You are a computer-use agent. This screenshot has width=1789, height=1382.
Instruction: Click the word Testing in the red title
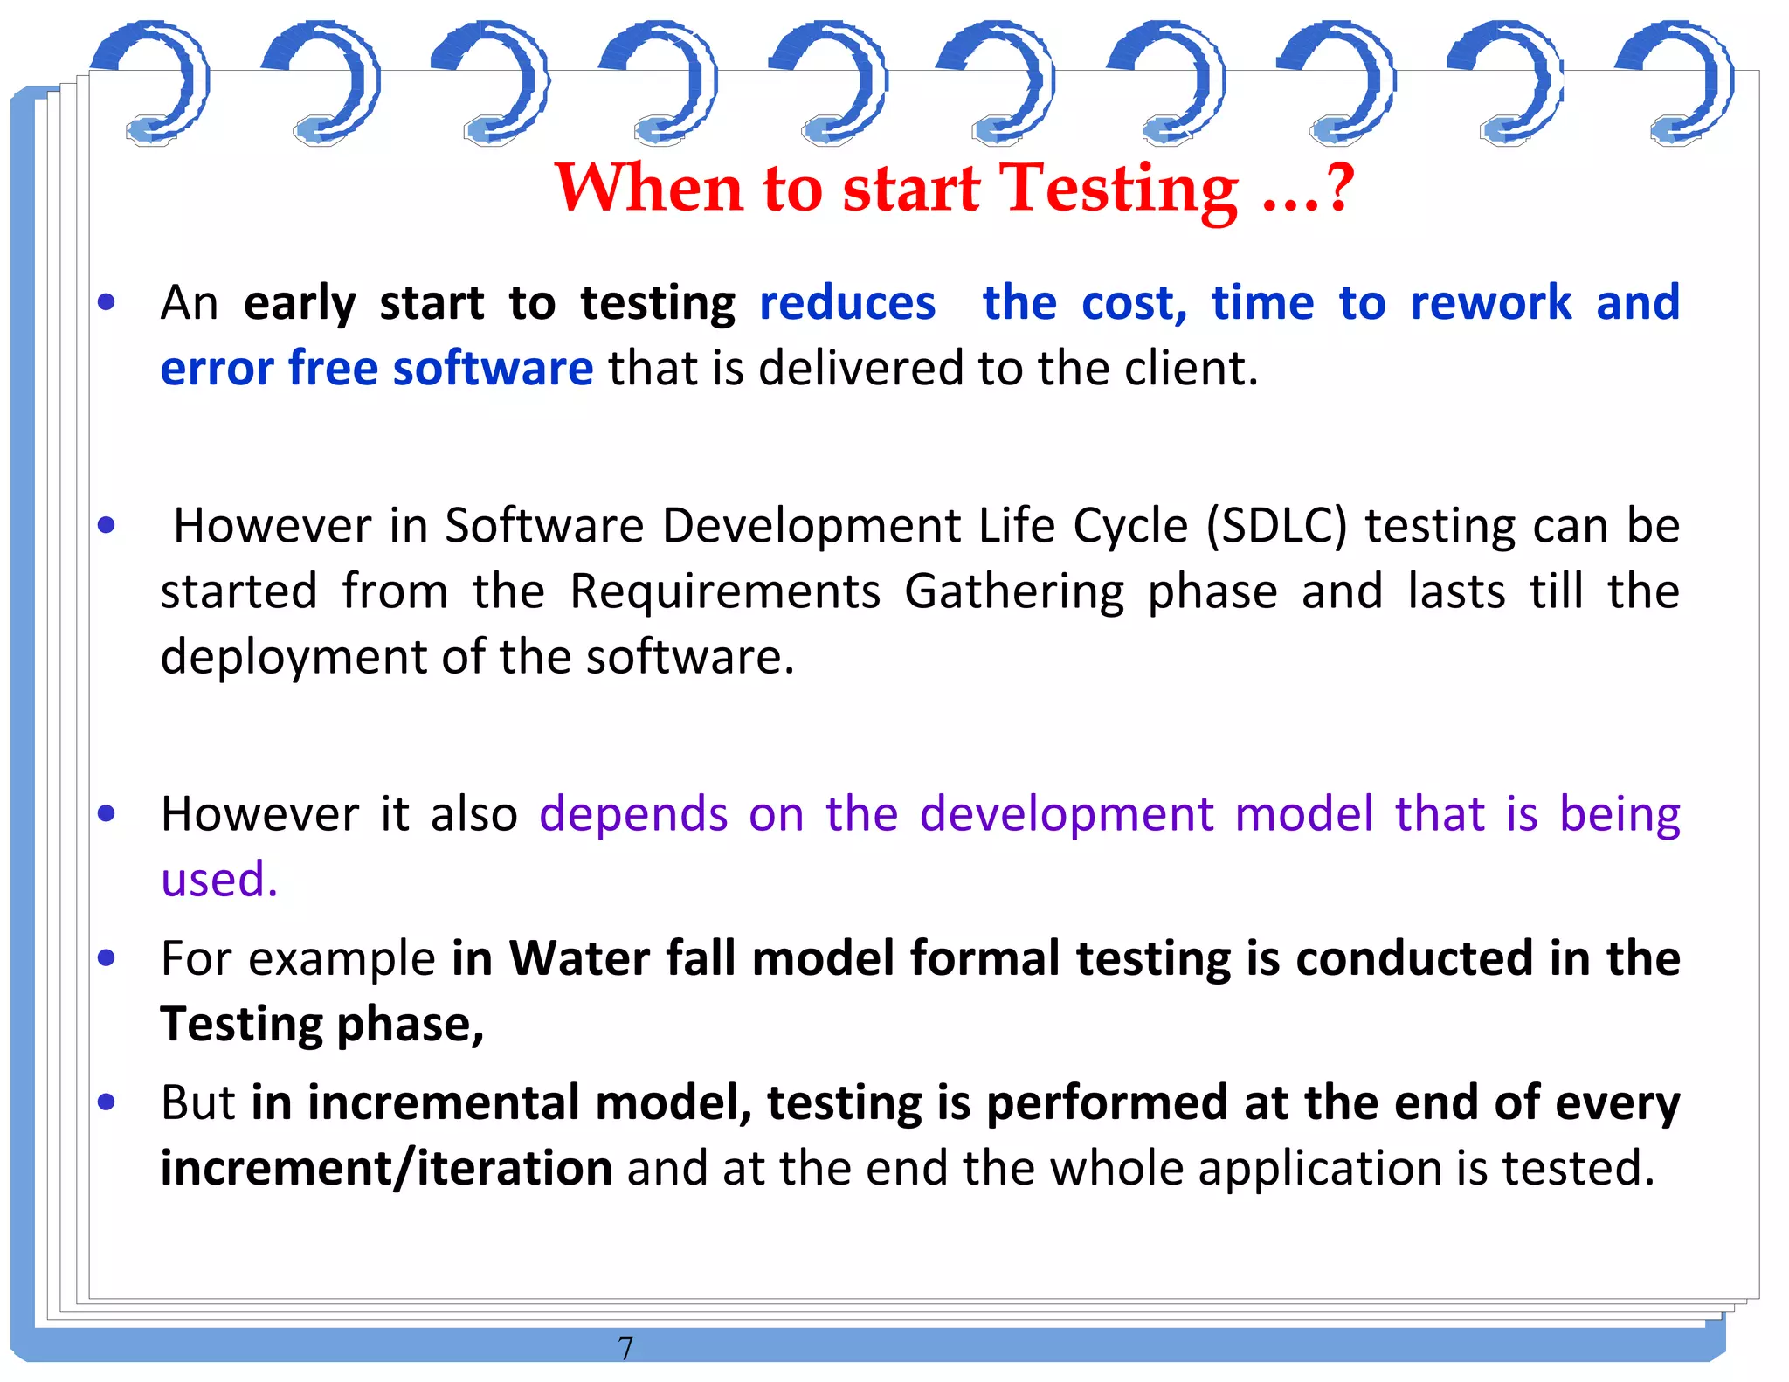click(1119, 189)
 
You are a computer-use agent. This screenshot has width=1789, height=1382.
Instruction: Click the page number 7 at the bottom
click(625, 1348)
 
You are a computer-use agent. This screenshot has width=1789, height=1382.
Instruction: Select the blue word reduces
click(847, 304)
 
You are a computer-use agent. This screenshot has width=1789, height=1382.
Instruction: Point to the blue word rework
click(1491, 304)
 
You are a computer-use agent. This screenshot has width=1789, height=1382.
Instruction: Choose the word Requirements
click(725, 592)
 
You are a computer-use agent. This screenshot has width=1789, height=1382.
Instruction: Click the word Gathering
click(1014, 592)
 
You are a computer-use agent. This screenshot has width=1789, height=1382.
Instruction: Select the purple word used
click(218, 880)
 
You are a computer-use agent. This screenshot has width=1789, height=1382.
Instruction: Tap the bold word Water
click(579, 958)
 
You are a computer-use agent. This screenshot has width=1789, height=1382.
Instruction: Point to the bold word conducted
click(1414, 958)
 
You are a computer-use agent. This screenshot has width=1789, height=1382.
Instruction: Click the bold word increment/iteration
click(386, 1169)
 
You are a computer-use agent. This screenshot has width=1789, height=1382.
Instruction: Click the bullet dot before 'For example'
click(107, 958)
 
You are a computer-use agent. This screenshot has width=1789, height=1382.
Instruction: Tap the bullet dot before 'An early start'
click(107, 303)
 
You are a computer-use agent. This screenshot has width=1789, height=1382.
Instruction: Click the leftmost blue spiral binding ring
click(154, 83)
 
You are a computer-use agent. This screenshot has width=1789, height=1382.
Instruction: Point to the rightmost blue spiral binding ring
click(1678, 83)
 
